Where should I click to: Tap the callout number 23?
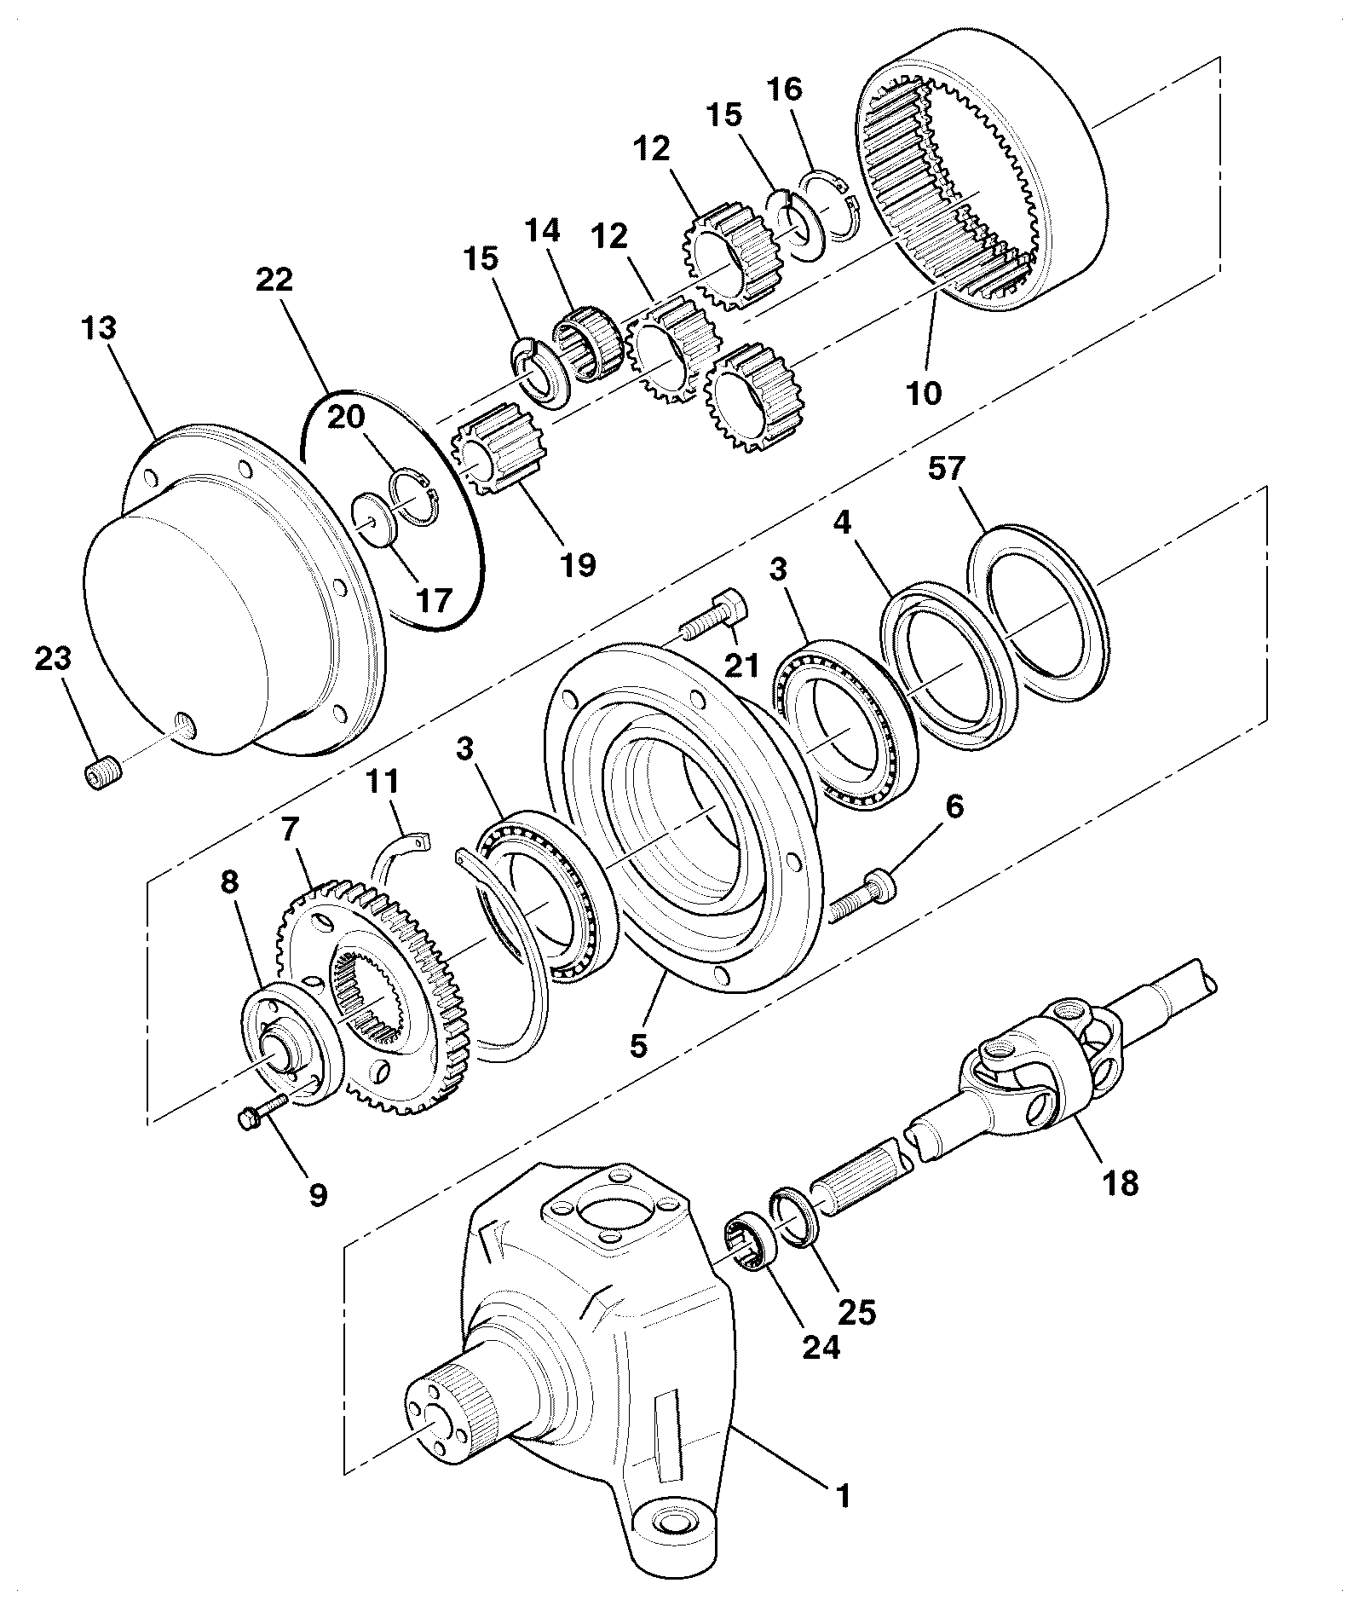[x=53, y=659]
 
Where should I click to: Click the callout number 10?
[x=925, y=393]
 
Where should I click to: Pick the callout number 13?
[x=100, y=328]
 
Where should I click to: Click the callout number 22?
[x=274, y=279]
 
